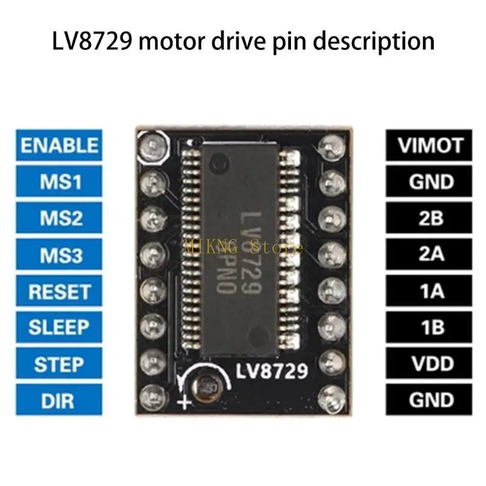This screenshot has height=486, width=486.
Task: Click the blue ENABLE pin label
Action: click(59, 145)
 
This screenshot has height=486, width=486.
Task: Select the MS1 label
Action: click(59, 181)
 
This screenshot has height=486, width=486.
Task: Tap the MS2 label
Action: click(59, 217)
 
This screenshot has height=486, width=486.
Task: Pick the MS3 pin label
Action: click(59, 254)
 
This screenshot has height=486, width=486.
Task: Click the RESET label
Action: click(59, 291)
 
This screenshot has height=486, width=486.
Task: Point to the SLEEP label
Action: click(59, 327)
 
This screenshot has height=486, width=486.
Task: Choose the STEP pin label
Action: click(59, 363)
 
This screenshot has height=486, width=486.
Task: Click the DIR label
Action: click(59, 400)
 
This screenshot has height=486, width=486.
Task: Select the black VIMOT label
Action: click(429, 145)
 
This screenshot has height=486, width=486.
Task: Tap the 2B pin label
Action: click(429, 217)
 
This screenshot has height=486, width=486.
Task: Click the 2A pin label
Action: click(429, 254)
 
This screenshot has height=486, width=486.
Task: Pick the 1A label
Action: click(429, 291)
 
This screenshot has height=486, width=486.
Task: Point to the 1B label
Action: click(429, 327)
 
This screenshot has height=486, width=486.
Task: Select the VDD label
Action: click(429, 363)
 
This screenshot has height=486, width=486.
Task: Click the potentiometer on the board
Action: click(205, 388)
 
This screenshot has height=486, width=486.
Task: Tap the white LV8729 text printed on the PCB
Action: click(272, 371)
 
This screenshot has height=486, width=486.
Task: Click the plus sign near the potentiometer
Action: click(184, 403)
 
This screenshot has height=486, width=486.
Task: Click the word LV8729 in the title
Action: click(92, 41)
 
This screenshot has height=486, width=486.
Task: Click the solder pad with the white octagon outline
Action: click(153, 146)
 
